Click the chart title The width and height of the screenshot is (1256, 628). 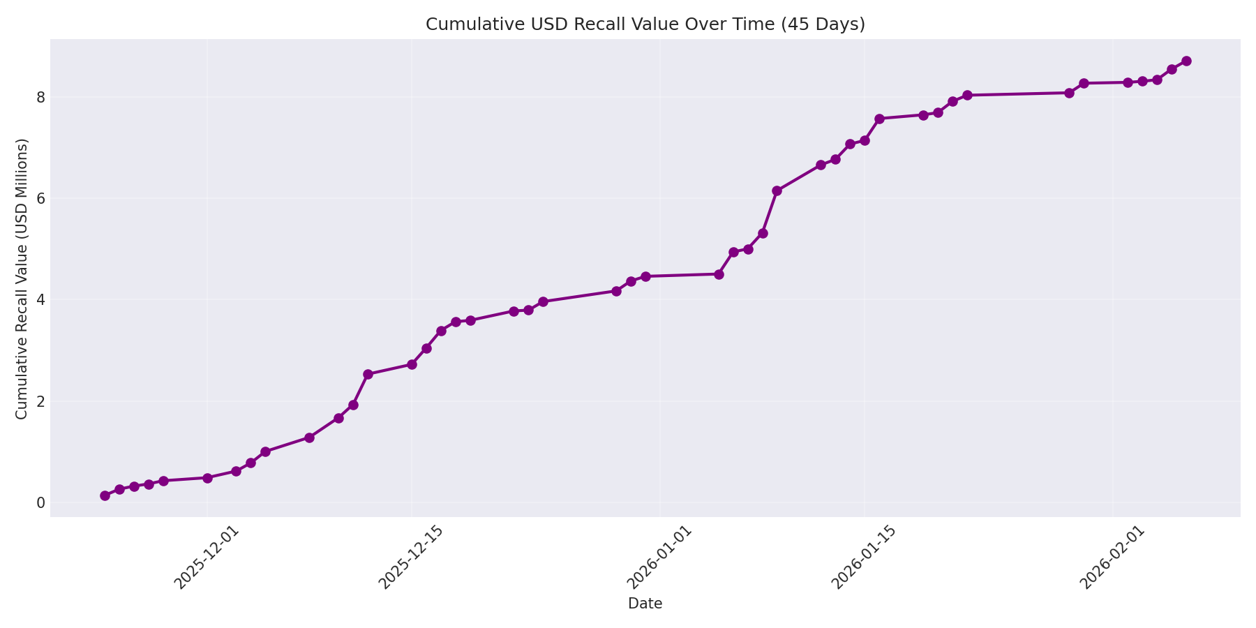click(645, 24)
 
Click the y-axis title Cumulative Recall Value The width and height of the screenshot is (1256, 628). click(22, 278)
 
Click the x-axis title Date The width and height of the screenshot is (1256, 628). click(645, 604)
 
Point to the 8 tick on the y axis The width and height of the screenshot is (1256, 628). click(40, 97)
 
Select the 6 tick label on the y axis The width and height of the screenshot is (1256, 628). click(40, 198)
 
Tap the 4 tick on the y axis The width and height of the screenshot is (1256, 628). click(40, 300)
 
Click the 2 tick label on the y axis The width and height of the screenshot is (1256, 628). click(40, 401)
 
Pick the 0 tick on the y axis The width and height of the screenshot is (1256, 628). click(40, 502)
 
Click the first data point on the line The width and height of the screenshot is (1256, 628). click(105, 495)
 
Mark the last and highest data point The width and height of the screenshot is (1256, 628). click(1186, 61)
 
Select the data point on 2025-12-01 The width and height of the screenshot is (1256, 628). click(207, 478)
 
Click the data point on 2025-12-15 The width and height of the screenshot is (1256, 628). click(412, 364)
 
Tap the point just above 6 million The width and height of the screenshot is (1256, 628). click(777, 190)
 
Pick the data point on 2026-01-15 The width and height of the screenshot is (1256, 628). click(865, 140)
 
